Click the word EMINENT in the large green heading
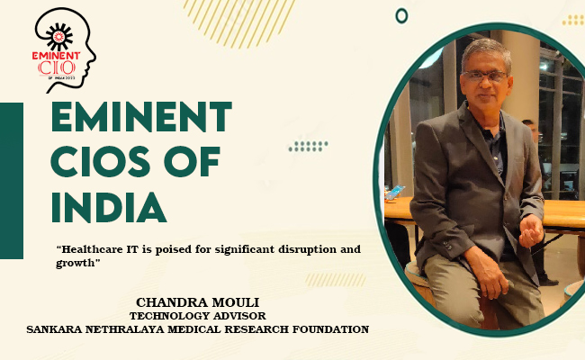pyautogui.click(x=141, y=117)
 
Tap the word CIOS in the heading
pyautogui.click(x=101, y=161)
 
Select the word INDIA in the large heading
pyautogui.click(x=108, y=207)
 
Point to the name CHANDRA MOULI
pyautogui.click(x=197, y=302)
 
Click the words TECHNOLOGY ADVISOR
pyautogui.click(x=198, y=316)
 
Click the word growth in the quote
pyautogui.click(x=75, y=264)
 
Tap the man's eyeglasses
pyautogui.click(x=484, y=76)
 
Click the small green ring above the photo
pyautogui.click(x=401, y=16)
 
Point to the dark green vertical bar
pyautogui.click(x=12, y=181)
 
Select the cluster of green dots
pyautogui.click(x=308, y=146)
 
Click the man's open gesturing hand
pyautogui.click(x=531, y=231)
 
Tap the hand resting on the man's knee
pyautogui.click(x=488, y=272)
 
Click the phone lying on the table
pyautogui.click(x=394, y=193)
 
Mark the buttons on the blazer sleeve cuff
pyautogui.click(x=447, y=246)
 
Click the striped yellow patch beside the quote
pyautogui.click(x=336, y=280)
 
